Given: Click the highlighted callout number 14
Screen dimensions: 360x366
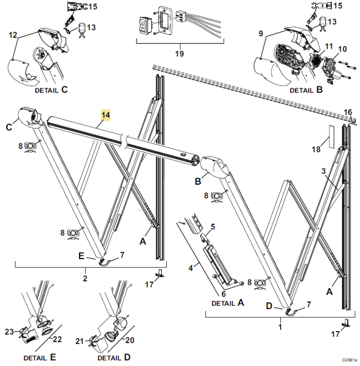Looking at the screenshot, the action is coord(105,115).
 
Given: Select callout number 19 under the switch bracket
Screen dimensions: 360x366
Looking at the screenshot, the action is coord(179,53).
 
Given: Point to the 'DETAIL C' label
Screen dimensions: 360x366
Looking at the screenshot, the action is coord(51,90).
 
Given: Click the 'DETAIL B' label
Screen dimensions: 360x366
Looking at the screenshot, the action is coord(306,90).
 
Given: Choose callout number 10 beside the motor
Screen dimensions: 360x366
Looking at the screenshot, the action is coord(342,49).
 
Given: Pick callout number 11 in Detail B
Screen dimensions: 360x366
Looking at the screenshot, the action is coord(329,46).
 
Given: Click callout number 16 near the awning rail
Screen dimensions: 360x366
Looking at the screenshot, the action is coord(348,112).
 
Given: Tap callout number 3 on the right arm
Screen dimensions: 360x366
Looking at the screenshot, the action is coord(323,171).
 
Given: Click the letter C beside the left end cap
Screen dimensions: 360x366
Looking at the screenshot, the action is coord(9,127).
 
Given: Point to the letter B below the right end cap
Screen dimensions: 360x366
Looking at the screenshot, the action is coord(198,181).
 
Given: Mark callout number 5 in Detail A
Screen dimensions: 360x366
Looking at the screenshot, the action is coord(213,227).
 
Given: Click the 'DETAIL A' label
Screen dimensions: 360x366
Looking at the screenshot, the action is coord(228,303).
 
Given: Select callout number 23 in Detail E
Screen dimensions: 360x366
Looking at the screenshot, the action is coord(10,332).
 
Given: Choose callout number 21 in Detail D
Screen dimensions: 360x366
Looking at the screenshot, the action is coord(80,341).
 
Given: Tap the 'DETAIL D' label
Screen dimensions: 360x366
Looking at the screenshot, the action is coord(114,357).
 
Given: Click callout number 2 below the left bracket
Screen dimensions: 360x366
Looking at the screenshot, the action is coord(85,278).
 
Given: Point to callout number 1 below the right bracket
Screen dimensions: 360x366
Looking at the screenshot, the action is coord(280,327).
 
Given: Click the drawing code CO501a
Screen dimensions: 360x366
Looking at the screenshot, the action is coord(349,360).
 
